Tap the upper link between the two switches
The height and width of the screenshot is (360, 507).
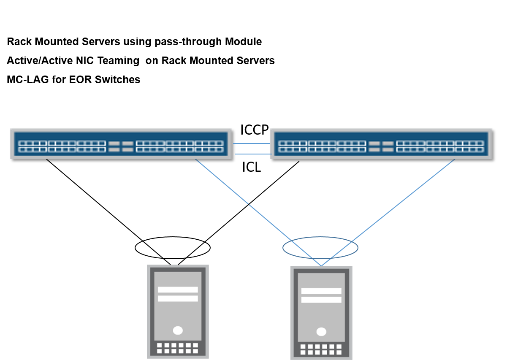click(x=251, y=143)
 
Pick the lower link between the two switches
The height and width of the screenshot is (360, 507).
click(x=252, y=154)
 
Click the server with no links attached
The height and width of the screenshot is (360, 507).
click(x=178, y=311)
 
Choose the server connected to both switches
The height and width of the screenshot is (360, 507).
click(x=321, y=312)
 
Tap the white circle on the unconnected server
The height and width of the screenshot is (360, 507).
click(x=178, y=330)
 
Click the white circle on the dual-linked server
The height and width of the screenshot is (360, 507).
click(x=321, y=332)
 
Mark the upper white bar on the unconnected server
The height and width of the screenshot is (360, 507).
click(x=178, y=290)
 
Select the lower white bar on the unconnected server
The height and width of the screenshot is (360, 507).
click(x=178, y=298)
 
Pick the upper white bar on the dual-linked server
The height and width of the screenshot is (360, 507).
click(x=321, y=291)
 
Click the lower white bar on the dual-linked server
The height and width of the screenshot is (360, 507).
click(x=321, y=300)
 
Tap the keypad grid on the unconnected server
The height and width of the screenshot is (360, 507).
click(x=178, y=348)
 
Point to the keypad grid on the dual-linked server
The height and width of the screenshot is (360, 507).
click(x=321, y=349)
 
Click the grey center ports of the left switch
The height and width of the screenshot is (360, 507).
click(x=121, y=146)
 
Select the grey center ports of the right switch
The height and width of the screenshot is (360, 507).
click(x=381, y=146)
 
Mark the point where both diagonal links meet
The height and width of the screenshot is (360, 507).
click(x=321, y=265)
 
